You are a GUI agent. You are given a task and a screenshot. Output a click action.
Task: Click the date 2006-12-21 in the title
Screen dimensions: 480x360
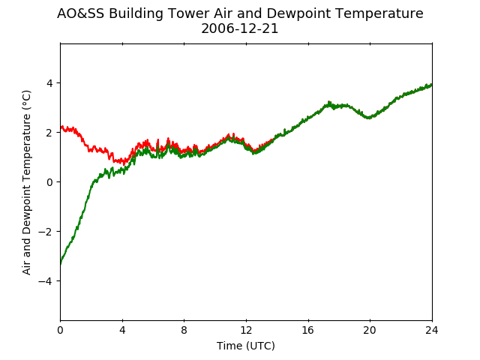tap(240, 28)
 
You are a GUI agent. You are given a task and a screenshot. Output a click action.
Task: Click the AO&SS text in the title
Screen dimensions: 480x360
tap(80, 13)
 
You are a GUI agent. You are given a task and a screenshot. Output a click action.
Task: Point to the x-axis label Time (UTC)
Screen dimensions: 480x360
tap(246, 346)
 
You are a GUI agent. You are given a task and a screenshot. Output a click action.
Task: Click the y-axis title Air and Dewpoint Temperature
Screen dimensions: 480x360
tap(26, 182)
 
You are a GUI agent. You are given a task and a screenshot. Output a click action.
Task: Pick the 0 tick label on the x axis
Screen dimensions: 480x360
tap(60, 330)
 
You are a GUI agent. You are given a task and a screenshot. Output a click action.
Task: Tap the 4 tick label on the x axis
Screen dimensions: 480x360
tap(122, 330)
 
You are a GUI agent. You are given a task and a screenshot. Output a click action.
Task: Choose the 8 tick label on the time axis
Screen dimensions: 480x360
tap(184, 330)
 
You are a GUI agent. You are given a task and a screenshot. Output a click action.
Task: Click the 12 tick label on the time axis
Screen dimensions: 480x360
tap(246, 330)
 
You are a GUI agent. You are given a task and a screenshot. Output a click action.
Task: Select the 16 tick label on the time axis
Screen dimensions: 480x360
tap(308, 330)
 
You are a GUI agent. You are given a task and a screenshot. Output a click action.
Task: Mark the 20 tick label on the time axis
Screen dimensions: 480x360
tap(370, 330)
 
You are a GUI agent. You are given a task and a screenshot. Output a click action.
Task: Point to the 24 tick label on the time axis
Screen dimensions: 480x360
tap(432, 330)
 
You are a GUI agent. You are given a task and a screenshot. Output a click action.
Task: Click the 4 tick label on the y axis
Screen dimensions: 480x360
tap(49, 83)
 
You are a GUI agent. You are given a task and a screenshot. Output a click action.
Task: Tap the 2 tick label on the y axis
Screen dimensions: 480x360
tap(49, 133)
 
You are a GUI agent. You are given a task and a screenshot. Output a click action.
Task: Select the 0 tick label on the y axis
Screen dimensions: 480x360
tap(49, 182)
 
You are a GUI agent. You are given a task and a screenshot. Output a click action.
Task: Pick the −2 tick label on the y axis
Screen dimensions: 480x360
tap(45, 232)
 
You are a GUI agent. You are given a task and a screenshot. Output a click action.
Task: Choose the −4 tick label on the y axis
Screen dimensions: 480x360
tap(45, 281)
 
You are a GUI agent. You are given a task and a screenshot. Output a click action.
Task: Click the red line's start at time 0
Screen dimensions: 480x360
tap(61, 127)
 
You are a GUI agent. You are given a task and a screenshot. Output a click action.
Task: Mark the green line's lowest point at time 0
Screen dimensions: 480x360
tap(61, 263)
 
